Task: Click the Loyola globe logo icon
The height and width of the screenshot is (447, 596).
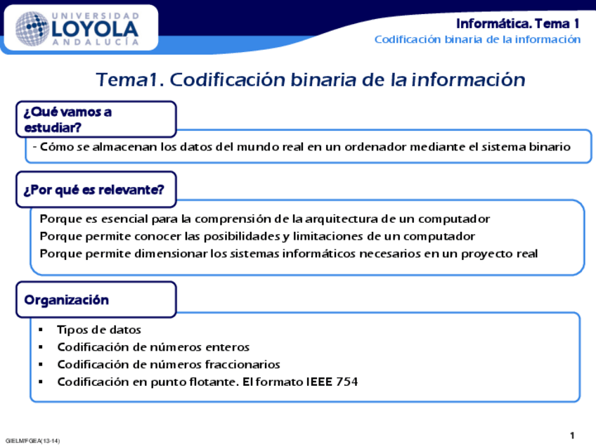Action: point(32,29)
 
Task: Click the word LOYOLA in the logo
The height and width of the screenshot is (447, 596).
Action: point(96,28)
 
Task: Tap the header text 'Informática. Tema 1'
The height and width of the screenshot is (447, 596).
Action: point(518,23)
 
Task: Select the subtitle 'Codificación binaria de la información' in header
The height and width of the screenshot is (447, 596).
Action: point(477,39)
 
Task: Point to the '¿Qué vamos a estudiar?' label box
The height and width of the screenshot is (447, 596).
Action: point(96,119)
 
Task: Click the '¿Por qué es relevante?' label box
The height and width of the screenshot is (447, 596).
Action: point(96,190)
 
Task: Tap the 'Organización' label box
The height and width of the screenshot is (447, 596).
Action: point(96,300)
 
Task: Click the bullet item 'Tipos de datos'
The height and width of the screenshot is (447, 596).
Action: point(99,330)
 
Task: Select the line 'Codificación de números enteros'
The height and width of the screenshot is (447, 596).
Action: point(153,347)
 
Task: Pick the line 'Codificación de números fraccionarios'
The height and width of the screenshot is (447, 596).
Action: point(169,365)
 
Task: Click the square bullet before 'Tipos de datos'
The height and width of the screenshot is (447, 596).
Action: point(41,330)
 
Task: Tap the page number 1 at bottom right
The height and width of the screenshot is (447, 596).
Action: point(572,436)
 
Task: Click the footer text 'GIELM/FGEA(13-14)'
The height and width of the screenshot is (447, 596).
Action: point(32,441)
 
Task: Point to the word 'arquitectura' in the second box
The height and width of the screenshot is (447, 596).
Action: point(337,219)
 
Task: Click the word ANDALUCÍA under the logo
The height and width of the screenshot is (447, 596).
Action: point(96,42)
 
